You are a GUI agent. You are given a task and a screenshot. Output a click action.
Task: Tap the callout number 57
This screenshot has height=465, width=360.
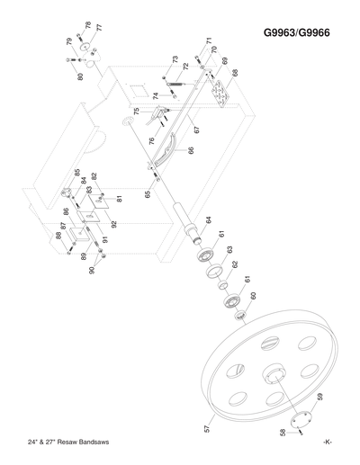coord(208,430)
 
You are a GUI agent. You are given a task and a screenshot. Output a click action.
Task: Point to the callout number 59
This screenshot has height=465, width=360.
coord(319,397)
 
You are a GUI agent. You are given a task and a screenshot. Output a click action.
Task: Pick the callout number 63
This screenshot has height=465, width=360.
coord(230,250)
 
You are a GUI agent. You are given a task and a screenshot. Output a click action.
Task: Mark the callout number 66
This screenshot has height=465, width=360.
coord(190,151)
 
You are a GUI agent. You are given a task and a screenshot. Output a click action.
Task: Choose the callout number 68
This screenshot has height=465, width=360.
coord(235,73)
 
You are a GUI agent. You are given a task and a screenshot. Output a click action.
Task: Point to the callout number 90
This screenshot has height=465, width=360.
coord(90,270)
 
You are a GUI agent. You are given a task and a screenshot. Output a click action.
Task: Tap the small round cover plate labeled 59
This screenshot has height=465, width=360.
coord(303,416)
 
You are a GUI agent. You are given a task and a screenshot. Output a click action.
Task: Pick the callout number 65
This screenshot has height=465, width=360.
coord(147,194)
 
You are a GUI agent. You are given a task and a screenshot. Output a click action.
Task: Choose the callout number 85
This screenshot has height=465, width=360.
coord(77,173)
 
